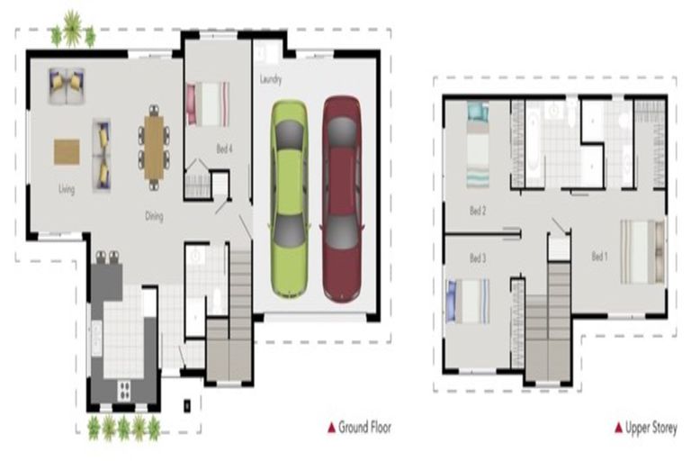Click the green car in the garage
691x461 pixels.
click(x=289, y=198)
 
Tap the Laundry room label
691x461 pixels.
click(x=271, y=80)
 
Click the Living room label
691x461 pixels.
click(x=67, y=189)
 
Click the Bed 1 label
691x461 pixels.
click(x=600, y=257)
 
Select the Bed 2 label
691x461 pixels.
click(x=478, y=212)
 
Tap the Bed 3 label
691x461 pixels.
click(x=478, y=258)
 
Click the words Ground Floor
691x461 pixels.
click(x=364, y=427)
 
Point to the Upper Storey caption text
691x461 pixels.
click(x=651, y=427)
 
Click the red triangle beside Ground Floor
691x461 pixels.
click(x=331, y=427)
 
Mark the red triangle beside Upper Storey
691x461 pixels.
click(x=618, y=427)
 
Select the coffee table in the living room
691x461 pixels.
click(x=67, y=150)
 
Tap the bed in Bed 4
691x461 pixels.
click(x=208, y=104)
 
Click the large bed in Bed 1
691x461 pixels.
click(x=642, y=251)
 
